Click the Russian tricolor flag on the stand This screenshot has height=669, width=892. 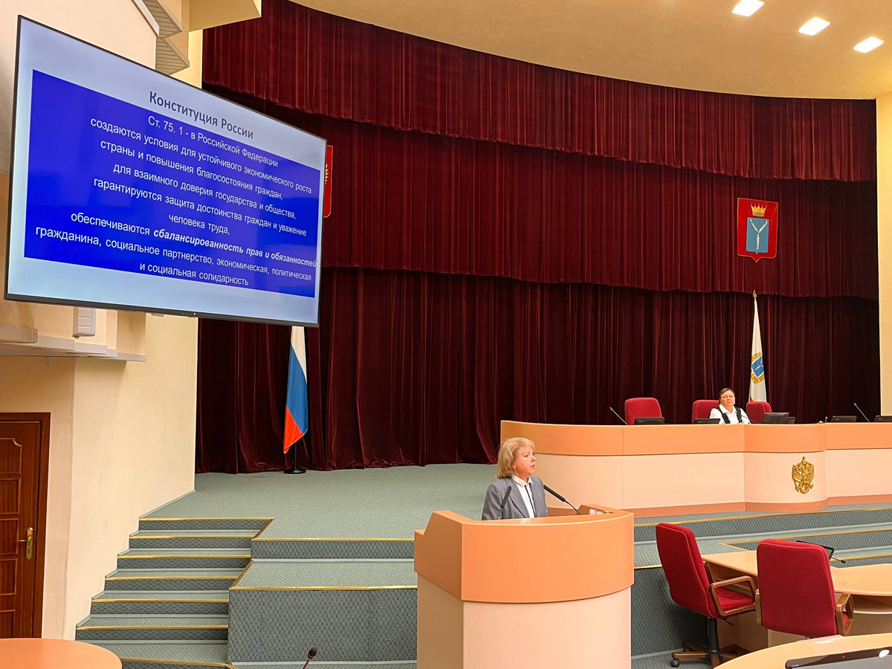point(295,390)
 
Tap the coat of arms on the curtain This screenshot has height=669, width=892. point(757,230)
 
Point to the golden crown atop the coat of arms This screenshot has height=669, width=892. point(758,209)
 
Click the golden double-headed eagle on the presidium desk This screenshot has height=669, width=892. point(803,475)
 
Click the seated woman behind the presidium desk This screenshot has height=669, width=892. point(729,407)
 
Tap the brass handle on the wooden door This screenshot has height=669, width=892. point(28,543)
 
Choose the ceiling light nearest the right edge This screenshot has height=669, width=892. point(868,45)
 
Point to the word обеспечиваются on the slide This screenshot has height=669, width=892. point(110,224)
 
